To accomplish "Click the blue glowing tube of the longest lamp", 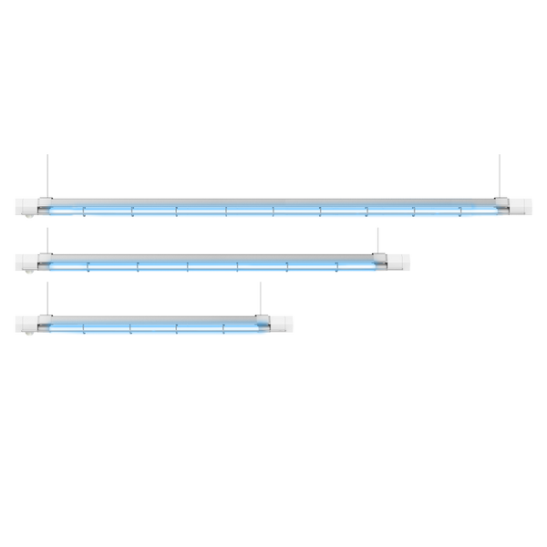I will tap(273, 213).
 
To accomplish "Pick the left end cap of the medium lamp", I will tap(26, 263).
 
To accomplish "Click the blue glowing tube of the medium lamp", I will tap(210, 270).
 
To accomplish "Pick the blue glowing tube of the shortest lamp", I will tap(155, 329).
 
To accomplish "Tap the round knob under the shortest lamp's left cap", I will tap(32, 335).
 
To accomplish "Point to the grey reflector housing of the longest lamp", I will tap(273, 200).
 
